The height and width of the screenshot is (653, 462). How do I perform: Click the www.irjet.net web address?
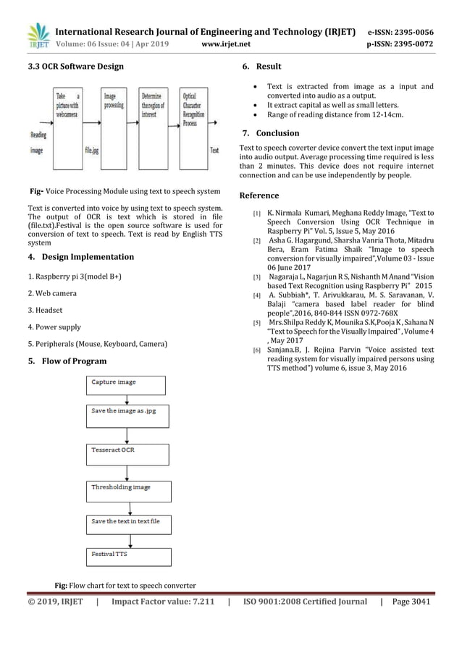click(228, 43)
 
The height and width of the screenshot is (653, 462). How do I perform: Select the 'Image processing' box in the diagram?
click(116, 117)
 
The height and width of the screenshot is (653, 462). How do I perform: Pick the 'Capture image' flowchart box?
click(126, 384)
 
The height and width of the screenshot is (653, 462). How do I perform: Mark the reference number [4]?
click(256, 295)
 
